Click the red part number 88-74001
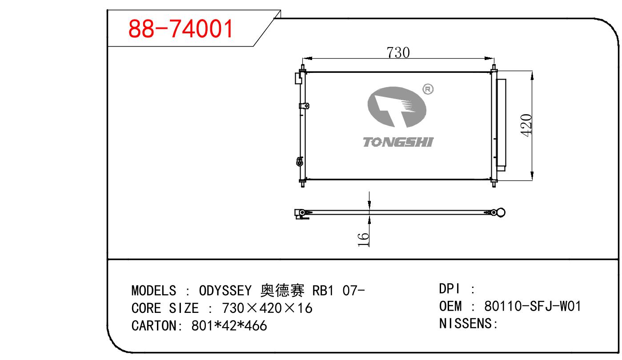pyautogui.click(x=181, y=29)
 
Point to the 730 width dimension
pyautogui.click(x=398, y=52)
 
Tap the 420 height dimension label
pyautogui.click(x=526, y=125)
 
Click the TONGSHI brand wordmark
pyautogui.click(x=398, y=142)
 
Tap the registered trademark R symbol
pyautogui.click(x=428, y=89)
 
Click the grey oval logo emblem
pyautogui.click(x=397, y=107)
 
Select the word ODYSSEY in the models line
pyautogui.click(x=225, y=291)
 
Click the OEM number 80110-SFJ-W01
pyautogui.click(x=533, y=306)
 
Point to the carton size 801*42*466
pyautogui.click(x=229, y=326)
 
